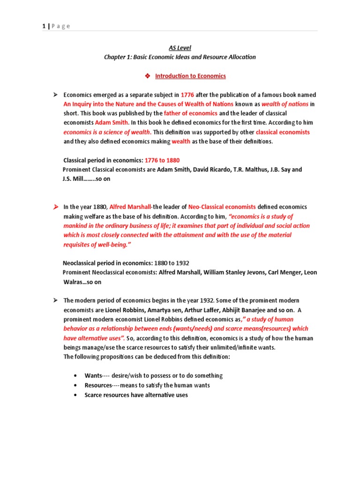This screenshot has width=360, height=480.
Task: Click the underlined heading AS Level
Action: (180, 48)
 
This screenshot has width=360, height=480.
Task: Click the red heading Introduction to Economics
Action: (190, 76)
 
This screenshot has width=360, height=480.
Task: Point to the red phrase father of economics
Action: (190, 113)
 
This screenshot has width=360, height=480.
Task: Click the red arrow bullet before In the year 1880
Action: (55, 207)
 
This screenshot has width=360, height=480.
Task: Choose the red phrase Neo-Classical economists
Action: (222, 207)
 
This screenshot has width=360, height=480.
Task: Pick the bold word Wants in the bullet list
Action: (93, 375)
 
